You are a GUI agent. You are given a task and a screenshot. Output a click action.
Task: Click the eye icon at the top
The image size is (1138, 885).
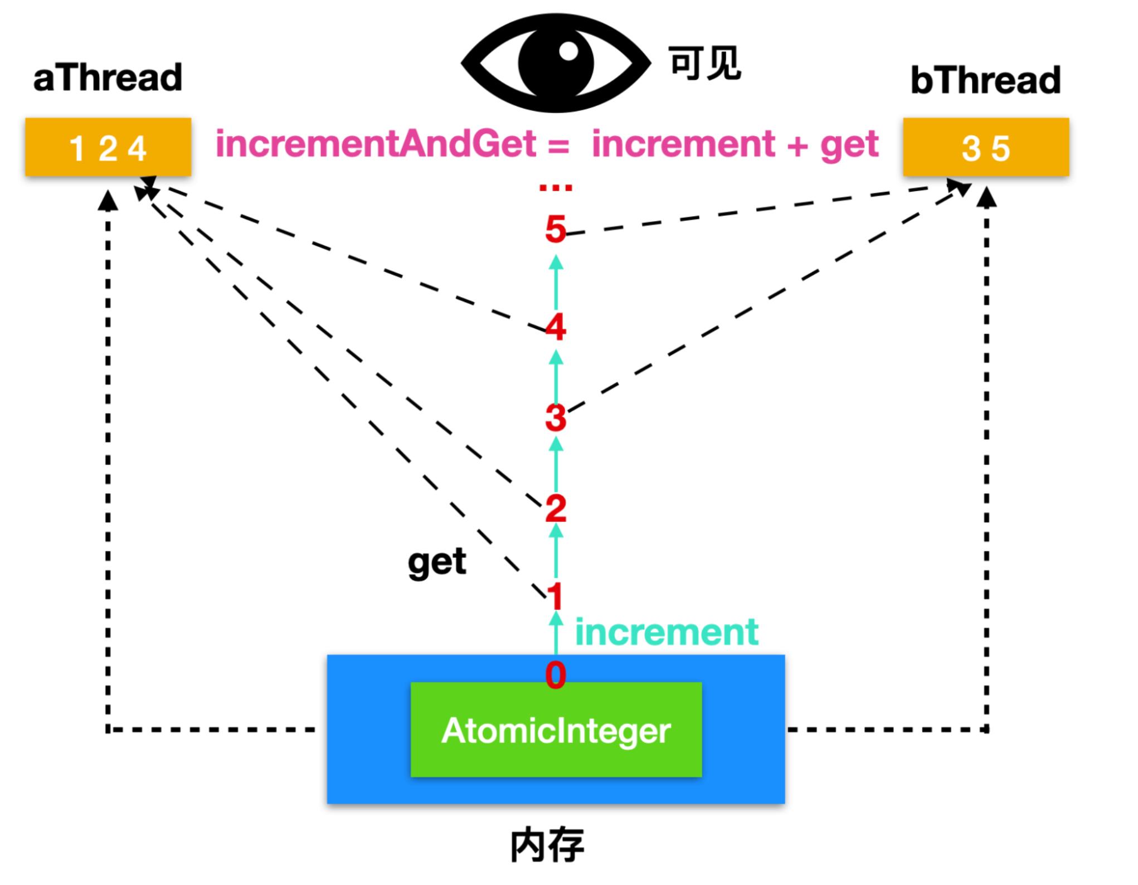coord(556,63)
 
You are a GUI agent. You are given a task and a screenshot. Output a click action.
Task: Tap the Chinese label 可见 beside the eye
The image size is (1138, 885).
coord(704,63)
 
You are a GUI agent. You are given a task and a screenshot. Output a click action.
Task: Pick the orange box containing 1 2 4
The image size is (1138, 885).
coord(108,147)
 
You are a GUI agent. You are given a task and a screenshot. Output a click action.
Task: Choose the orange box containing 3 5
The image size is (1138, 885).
coord(985,147)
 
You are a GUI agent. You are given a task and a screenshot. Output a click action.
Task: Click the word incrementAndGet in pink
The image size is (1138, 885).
coord(376,144)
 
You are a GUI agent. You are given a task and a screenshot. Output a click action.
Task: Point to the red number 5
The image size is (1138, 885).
coord(555,229)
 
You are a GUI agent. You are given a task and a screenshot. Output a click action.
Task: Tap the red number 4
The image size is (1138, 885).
coord(555,327)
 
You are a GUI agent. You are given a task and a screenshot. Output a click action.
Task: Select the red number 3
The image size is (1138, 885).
coord(555,417)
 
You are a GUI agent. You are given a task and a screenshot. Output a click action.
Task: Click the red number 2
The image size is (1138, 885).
coord(555,508)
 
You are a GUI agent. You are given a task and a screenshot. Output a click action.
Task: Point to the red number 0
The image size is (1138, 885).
coord(555,675)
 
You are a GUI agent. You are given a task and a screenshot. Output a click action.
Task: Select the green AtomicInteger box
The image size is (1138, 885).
coord(556,729)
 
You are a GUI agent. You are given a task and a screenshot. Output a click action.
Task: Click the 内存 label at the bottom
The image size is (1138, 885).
coord(547,845)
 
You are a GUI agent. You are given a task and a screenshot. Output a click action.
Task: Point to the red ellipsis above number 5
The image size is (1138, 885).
coord(555,188)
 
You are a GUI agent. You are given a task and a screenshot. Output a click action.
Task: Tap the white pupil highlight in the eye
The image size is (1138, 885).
coord(568,51)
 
